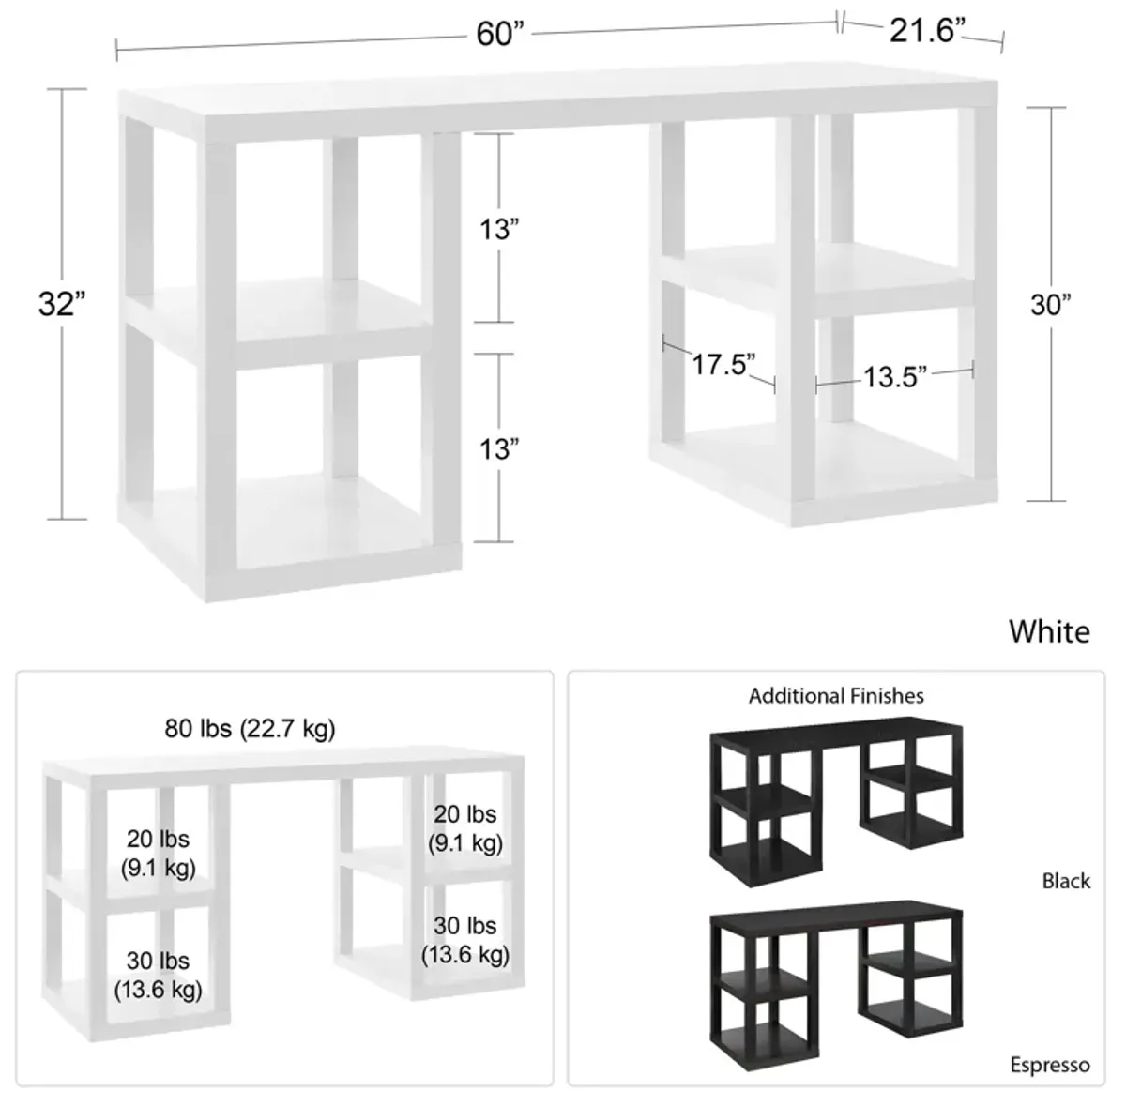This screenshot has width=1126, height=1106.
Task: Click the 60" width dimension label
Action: pos(500,34)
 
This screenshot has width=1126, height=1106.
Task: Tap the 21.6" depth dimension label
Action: pos(927,30)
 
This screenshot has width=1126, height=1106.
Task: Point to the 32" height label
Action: pos(61,304)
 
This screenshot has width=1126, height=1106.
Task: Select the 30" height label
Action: pos(1051,304)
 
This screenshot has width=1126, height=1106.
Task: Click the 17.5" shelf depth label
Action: pos(723,365)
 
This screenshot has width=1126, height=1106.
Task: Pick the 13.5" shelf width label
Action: pos(895,377)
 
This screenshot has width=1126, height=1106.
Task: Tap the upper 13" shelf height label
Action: pos(499,229)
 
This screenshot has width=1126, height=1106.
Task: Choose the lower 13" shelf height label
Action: pos(499,449)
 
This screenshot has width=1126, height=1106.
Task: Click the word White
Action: pos(1049,631)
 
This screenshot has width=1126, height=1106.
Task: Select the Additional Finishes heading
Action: pos(836,696)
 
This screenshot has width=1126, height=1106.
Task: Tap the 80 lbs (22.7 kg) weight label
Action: pos(251,729)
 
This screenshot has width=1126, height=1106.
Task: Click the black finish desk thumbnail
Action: pos(836,802)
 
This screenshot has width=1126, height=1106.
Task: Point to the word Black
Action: pos(1066,881)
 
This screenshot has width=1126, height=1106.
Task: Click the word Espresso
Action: pos(1050,1065)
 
